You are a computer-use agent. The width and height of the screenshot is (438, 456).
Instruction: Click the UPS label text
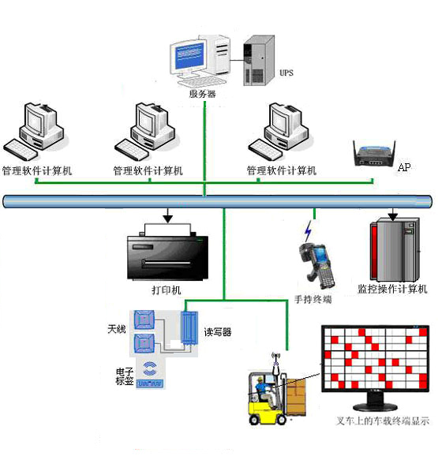(x=286, y=73)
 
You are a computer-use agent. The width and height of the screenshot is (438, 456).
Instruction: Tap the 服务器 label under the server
(x=202, y=94)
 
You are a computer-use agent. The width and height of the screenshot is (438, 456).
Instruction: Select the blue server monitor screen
(x=189, y=55)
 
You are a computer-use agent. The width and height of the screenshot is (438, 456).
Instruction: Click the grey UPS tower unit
(x=259, y=61)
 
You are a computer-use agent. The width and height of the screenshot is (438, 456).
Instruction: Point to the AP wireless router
(x=374, y=153)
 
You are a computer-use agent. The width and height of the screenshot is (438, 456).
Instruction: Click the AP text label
(x=404, y=167)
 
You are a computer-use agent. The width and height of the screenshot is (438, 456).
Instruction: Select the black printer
(x=167, y=252)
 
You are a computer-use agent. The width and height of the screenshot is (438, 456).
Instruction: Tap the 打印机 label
(x=167, y=290)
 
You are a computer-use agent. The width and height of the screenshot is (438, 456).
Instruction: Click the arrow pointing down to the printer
(x=168, y=215)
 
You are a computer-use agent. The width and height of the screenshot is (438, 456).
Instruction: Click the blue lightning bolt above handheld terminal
(x=308, y=231)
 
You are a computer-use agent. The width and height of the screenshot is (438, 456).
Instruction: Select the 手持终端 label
(x=313, y=299)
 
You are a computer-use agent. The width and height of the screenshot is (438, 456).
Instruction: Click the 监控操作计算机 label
(x=392, y=289)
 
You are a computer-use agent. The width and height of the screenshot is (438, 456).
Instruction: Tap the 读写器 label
(x=218, y=332)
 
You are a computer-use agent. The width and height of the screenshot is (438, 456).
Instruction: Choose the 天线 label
(x=117, y=329)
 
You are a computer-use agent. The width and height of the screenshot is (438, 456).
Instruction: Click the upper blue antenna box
(x=144, y=320)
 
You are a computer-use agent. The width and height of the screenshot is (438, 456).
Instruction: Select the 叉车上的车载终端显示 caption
(x=383, y=420)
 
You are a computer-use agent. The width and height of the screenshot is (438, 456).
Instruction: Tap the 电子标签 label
(x=125, y=376)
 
